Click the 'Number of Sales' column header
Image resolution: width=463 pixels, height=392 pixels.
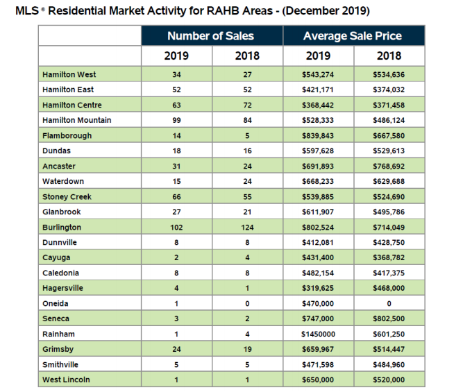coord(211,36)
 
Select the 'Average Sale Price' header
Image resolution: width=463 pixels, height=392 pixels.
coord(353,36)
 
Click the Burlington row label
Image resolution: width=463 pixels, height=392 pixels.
coord(62,227)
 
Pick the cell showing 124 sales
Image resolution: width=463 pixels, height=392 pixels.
coord(247,227)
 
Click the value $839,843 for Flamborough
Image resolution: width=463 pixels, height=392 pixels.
coord(319,135)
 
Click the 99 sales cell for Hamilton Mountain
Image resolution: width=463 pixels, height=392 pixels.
coord(176,120)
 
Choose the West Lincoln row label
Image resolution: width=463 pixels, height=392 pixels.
coord(66,380)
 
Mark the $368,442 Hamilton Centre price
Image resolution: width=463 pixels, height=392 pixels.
coord(319,105)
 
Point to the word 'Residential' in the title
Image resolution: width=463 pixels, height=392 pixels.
coord(76,11)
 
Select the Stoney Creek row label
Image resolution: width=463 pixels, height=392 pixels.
coord(66,196)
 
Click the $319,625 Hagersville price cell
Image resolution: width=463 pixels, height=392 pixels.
coord(319,288)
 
